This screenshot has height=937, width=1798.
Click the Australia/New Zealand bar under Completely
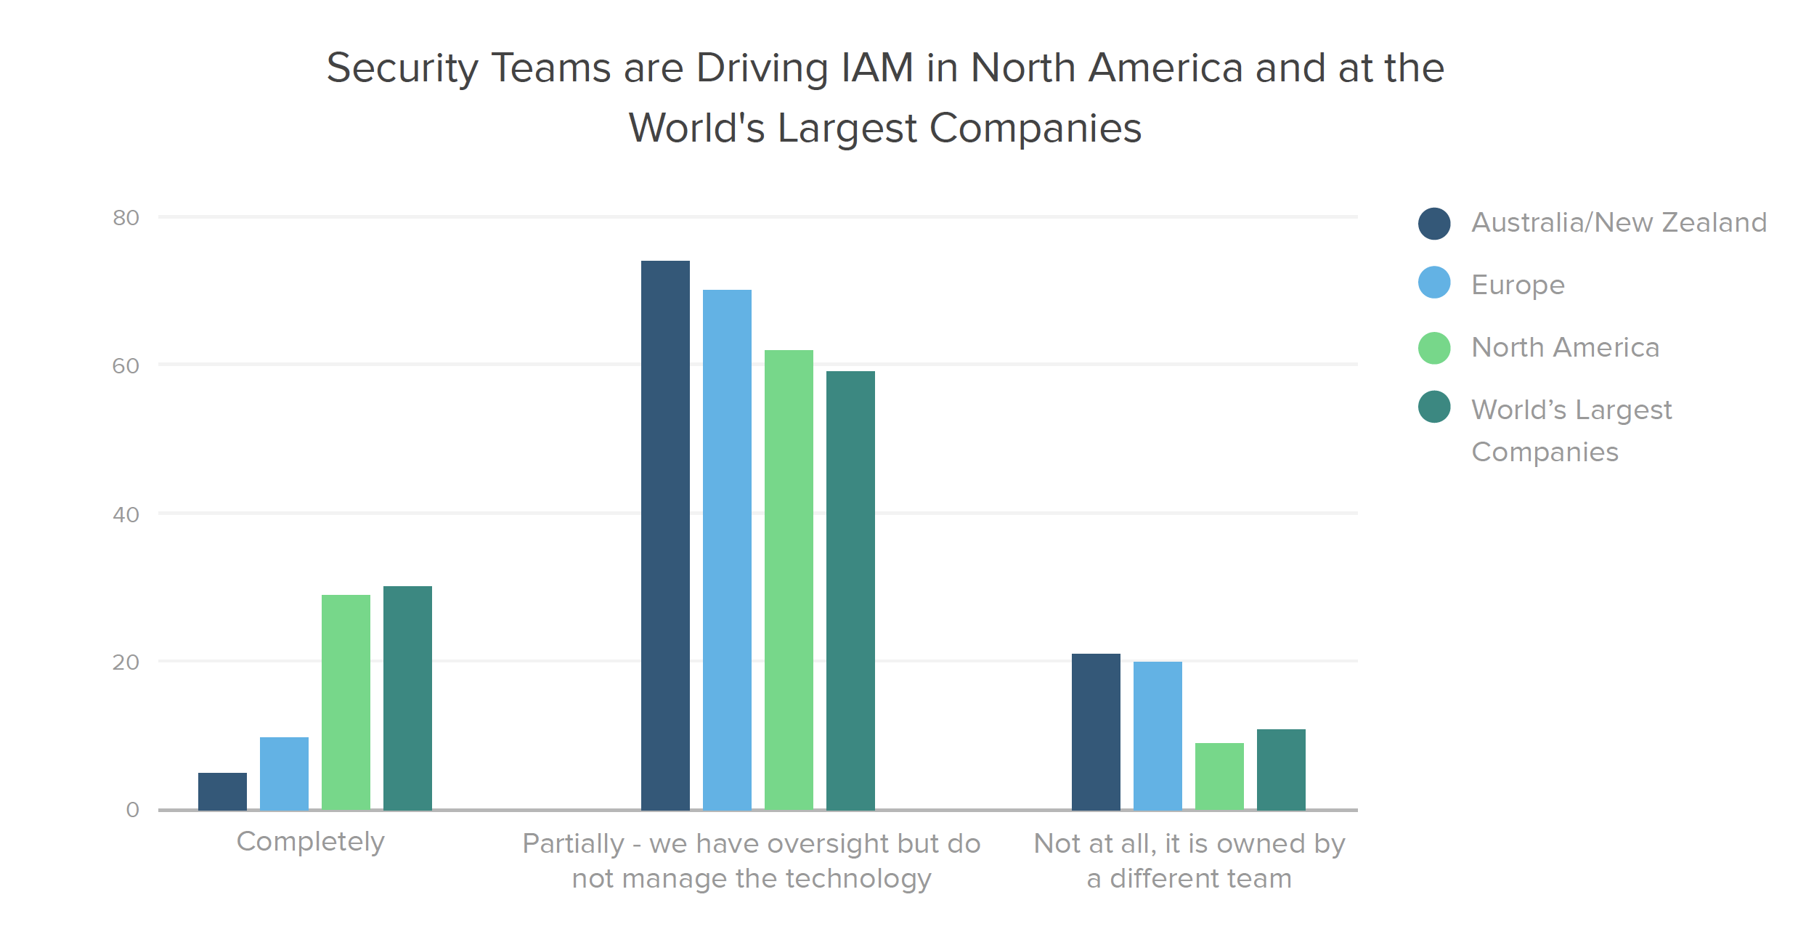tap(222, 791)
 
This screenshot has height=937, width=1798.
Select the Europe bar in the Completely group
tap(284, 774)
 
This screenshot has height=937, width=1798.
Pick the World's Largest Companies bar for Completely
tap(407, 698)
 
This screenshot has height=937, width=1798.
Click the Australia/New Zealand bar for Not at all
tap(1096, 731)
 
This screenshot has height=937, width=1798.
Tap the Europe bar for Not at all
tap(1158, 736)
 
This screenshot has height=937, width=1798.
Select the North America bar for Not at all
tap(1219, 776)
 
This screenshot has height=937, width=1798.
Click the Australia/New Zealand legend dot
tap(1434, 223)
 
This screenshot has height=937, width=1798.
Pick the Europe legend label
tap(1518, 285)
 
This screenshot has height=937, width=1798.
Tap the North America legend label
tap(1565, 347)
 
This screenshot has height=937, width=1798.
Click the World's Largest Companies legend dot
tap(1434, 407)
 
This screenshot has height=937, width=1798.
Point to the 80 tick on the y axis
tap(126, 218)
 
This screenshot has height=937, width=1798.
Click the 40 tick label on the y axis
tap(126, 515)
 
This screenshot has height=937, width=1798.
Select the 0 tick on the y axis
tap(132, 809)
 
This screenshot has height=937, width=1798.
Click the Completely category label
tap(310, 842)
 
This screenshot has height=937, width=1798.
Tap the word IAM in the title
tap(876, 68)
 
